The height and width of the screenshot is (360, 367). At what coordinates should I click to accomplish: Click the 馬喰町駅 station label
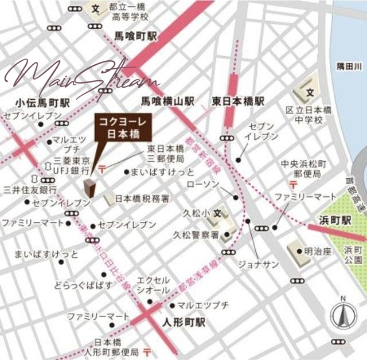(135, 35)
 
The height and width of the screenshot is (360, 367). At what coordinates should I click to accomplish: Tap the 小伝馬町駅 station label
(37, 103)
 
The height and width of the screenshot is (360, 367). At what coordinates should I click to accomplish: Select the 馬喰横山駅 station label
(168, 101)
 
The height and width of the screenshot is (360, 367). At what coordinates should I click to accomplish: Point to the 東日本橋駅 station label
(238, 101)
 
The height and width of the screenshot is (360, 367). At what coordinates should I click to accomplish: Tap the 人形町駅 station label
(183, 322)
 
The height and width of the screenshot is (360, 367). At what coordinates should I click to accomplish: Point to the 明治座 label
(319, 251)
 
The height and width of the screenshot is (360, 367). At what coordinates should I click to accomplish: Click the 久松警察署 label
(196, 234)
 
